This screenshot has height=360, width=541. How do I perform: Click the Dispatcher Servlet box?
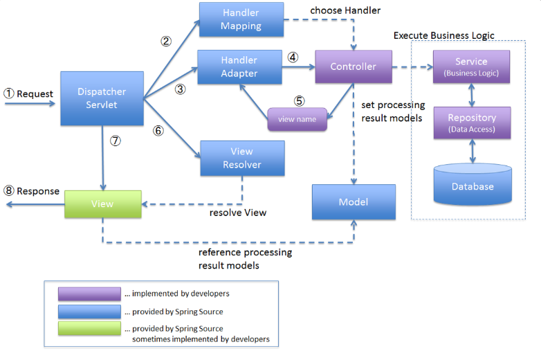coord(102,98)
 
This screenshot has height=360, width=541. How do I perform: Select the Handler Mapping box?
coord(241,19)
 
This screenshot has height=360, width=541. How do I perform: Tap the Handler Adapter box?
coord(240,67)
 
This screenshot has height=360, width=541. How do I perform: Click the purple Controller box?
coord(354,66)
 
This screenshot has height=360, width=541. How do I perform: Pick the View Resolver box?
coord(243,158)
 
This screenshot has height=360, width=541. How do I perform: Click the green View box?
coord(103,204)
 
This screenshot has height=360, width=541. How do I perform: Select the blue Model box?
coord(354,202)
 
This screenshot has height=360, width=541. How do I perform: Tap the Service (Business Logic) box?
coord(471,66)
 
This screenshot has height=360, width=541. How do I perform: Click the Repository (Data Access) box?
coord(472,123)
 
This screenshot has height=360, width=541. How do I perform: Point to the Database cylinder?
coord(473,184)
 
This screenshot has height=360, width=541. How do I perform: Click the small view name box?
coord(297,119)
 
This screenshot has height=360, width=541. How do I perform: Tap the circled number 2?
coord(166,42)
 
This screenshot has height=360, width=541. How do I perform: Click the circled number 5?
coord(299,101)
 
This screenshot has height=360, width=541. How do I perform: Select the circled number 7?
coord(116,141)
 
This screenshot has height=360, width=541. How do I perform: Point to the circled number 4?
coord(293,57)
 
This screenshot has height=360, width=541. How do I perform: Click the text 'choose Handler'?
coord(345,10)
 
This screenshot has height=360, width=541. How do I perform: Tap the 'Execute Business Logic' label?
coord(443,35)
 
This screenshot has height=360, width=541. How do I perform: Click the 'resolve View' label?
coord(238,213)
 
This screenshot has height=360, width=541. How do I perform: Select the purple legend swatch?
coord(89,294)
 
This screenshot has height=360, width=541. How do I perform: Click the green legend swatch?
coord(89,328)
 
